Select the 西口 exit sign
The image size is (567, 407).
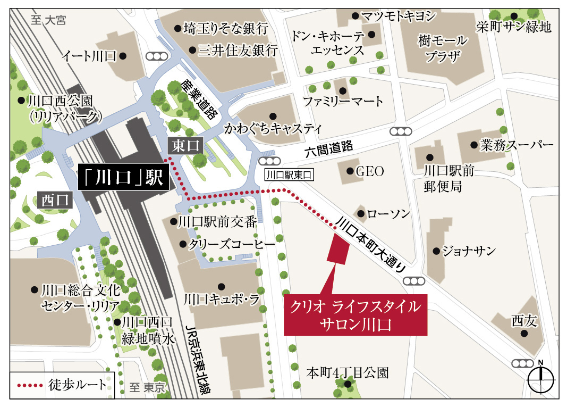[56, 200]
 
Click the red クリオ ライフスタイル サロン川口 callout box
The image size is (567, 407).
[355, 315]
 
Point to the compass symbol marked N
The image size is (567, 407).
[541, 379]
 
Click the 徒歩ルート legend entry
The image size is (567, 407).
[62, 384]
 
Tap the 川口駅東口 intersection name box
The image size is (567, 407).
[289, 174]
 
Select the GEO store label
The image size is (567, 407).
[369, 171]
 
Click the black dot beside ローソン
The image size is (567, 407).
[361, 214]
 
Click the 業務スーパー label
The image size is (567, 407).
[516, 145]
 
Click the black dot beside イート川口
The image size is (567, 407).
[123, 56]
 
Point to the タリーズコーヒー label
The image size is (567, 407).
[233, 244]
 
